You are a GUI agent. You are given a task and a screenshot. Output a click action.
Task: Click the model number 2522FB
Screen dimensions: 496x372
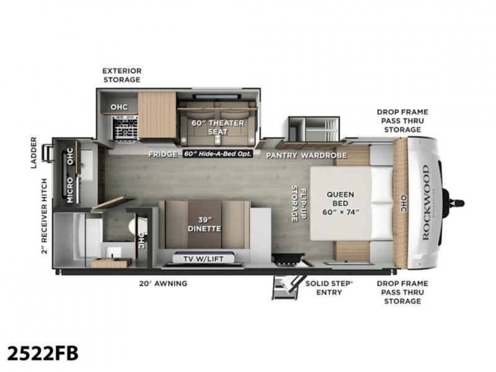[x=43, y=353]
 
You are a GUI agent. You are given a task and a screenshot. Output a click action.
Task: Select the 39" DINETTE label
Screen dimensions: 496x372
[x=205, y=224]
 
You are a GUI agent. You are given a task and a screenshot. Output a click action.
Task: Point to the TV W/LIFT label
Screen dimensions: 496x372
[x=203, y=259]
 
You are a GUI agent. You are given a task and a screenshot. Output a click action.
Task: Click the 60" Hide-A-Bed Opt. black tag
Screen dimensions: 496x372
[x=218, y=154]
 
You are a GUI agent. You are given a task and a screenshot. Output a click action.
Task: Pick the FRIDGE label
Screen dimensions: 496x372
[x=163, y=154]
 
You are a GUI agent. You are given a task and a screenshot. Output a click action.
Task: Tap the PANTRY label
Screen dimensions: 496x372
[x=281, y=156]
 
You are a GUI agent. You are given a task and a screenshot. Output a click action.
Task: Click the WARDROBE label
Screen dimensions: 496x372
[x=324, y=156]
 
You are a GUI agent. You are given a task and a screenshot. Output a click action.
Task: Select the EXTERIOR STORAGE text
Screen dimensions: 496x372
[x=122, y=75]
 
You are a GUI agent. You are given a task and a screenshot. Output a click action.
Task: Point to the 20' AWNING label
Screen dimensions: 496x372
[x=163, y=283]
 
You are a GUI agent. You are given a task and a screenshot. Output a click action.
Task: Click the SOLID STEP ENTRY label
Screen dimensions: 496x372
[x=329, y=288]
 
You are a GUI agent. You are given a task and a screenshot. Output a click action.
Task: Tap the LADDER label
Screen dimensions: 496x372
[x=33, y=153]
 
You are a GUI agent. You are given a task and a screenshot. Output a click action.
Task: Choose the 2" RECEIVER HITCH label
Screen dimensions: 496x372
[x=44, y=216]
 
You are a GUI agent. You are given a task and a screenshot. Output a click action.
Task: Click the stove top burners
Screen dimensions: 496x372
[x=126, y=128]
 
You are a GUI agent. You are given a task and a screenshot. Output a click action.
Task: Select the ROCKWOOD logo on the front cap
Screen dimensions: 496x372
[x=426, y=203]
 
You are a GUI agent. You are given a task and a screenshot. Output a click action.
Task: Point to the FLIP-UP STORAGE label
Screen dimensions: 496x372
[x=299, y=203]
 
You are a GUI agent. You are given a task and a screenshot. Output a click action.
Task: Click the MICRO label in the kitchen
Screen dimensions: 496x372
[x=70, y=190]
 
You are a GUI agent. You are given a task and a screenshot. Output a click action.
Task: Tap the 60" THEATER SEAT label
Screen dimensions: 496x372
[x=218, y=127]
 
